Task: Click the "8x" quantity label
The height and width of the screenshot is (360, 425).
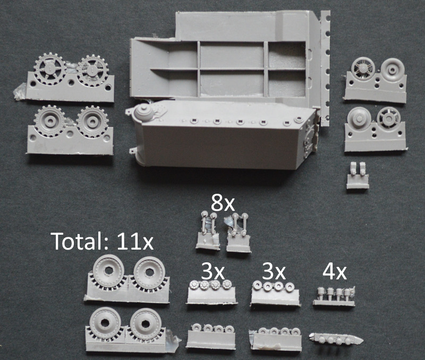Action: (223, 203)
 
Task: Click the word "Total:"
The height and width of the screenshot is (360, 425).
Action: (78, 241)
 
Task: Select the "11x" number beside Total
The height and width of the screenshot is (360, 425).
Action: (132, 241)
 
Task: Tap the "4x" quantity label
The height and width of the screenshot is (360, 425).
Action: (334, 272)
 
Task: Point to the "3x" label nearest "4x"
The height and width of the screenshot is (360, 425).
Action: (274, 272)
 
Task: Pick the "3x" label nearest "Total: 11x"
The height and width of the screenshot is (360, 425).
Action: (213, 272)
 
